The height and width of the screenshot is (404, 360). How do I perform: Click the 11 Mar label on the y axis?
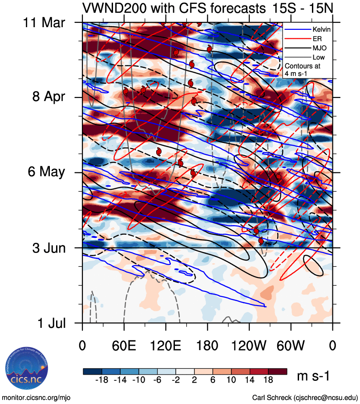(44, 22)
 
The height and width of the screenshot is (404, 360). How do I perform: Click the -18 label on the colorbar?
(103, 380)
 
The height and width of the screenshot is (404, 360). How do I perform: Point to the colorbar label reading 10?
(231, 380)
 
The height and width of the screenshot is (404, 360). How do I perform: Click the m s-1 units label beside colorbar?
(313, 376)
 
